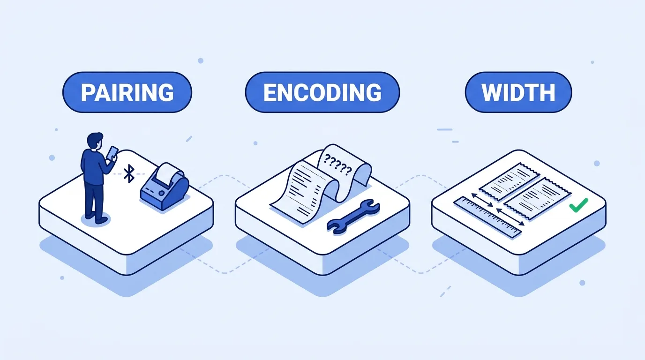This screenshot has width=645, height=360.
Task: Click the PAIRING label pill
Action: pyautogui.click(x=127, y=92)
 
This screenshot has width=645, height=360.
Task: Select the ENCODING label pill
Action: pyautogui.click(x=322, y=92)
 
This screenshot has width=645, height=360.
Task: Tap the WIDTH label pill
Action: pyautogui.click(x=518, y=92)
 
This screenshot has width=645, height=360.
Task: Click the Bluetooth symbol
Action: pyautogui.click(x=129, y=173)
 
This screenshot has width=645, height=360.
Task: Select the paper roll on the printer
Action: pyautogui.click(x=167, y=173)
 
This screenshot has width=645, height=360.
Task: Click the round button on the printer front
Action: pyautogui.click(x=162, y=193)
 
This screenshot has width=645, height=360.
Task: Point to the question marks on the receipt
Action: pyautogui.click(x=338, y=165)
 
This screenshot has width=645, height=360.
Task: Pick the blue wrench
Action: pyautogui.click(x=353, y=217)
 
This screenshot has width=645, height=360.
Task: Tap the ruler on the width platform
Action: pyautogui.click(x=488, y=217)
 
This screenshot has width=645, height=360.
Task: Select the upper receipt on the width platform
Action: pyautogui.click(x=509, y=181)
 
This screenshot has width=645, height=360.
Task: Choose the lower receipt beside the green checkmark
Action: pyautogui.click(x=537, y=199)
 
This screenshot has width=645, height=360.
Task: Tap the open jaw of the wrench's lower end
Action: pyautogui.click(x=334, y=227)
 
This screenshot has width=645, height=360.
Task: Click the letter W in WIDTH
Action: pyautogui.click(x=491, y=92)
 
